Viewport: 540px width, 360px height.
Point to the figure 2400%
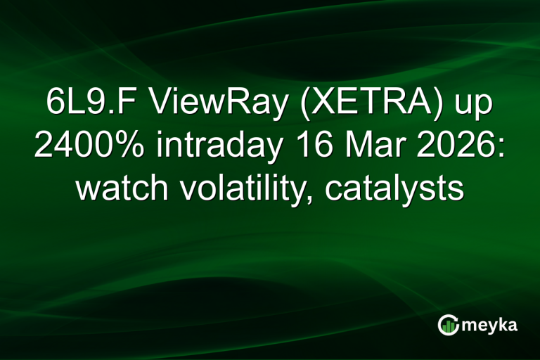click(x=87, y=146)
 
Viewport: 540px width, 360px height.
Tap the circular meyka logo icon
click(x=447, y=324)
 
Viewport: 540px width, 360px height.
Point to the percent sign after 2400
click(x=129, y=146)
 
